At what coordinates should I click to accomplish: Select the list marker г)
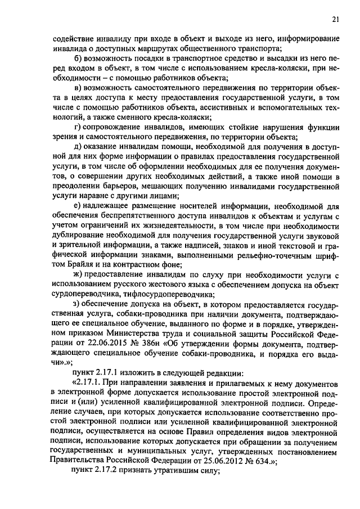(x=78, y=127)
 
